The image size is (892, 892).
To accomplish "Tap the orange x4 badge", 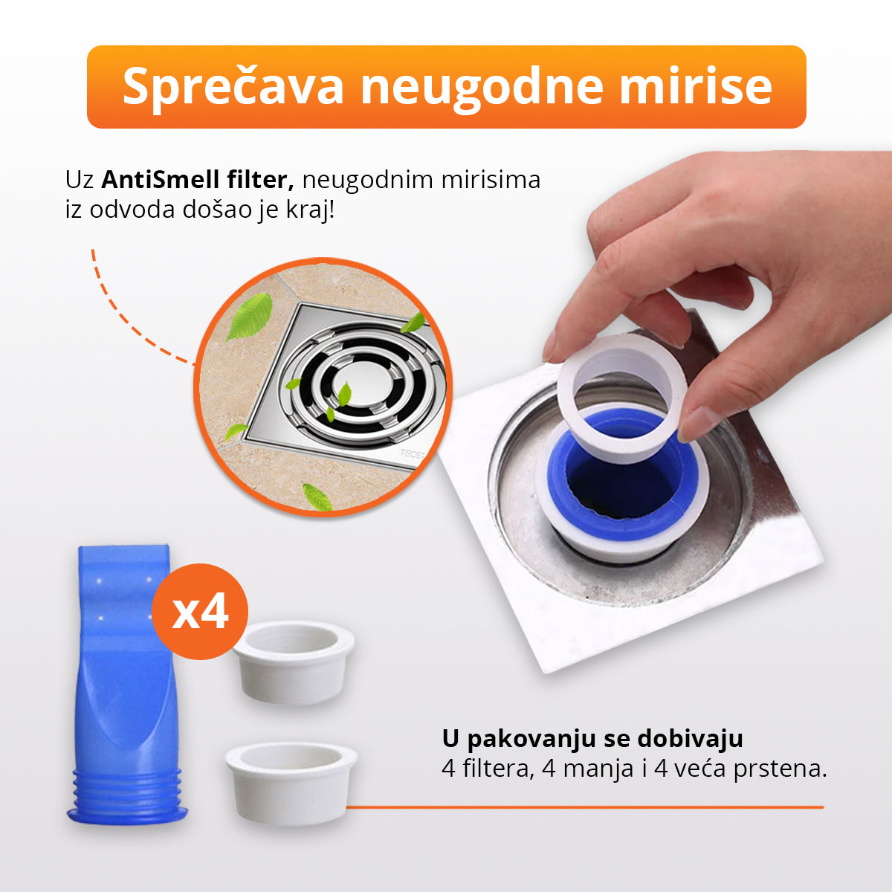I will [x=199, y=611].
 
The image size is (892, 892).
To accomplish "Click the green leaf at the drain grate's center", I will [x=343, y=395].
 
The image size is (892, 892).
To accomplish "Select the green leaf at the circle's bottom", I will [x=317, y=496].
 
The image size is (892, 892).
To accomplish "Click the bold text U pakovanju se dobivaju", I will [x=592, y=739].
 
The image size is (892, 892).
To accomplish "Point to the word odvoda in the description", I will [x=134, y=210].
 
